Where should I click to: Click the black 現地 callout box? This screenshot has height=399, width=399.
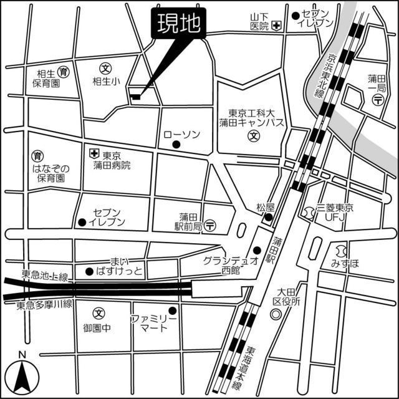tap(180, 24)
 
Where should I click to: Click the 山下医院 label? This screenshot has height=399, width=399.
tap(258, 21)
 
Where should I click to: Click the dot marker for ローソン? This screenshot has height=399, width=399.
tap(176, 145)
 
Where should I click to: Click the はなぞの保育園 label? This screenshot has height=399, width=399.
tap(51, 173)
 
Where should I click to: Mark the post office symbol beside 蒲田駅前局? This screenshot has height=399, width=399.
tap(211, 224)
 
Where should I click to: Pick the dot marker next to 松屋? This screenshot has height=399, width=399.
tap(267, 217)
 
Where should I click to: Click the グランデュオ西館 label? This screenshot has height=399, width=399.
tap(230, 265)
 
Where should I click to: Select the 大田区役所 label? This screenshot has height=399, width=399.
tap(291, 297)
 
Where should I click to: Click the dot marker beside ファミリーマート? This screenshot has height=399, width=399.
tap(173, 310)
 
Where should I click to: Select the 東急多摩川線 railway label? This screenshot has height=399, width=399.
tap(45, 305)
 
